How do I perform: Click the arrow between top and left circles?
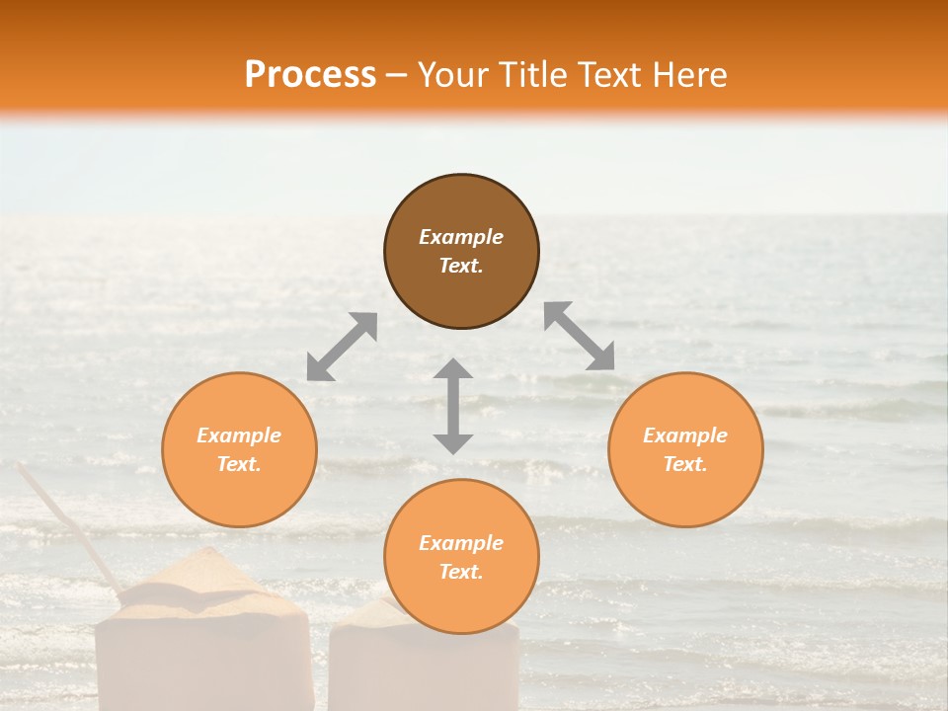click(342, 347)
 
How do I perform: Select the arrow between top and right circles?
click(579, 336)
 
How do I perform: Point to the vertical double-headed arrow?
click(453, 406)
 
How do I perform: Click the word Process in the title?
click(310, 74)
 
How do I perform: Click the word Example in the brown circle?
click(461, 237)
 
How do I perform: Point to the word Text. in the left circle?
click(239, 464)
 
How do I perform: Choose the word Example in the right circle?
click(685, 435)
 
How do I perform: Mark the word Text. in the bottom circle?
click(461, 572)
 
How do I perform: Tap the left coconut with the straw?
click(202, 632)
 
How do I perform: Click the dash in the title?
click(397, 75)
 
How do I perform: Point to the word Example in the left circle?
click(239, 435)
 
